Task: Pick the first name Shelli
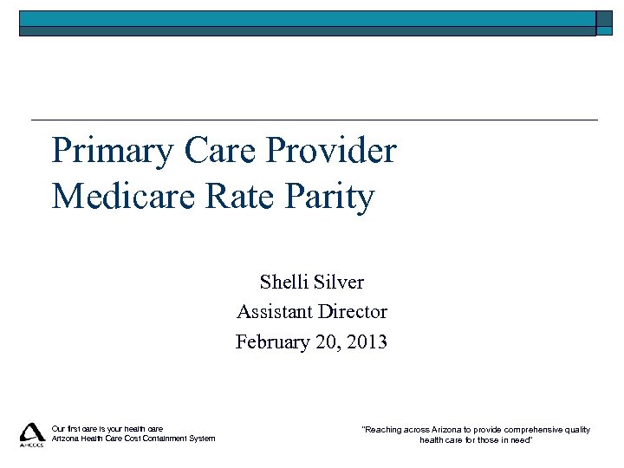(283, 282)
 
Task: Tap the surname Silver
(339, 282)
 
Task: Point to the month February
(276, 342)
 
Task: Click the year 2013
(367, 342)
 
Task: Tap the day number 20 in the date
(330, 342)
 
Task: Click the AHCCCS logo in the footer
(32, 434)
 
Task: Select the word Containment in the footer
(157, 439)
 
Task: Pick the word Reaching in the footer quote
(383, 429)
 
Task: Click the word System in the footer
(201, 439)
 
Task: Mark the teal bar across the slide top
(308, 19)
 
